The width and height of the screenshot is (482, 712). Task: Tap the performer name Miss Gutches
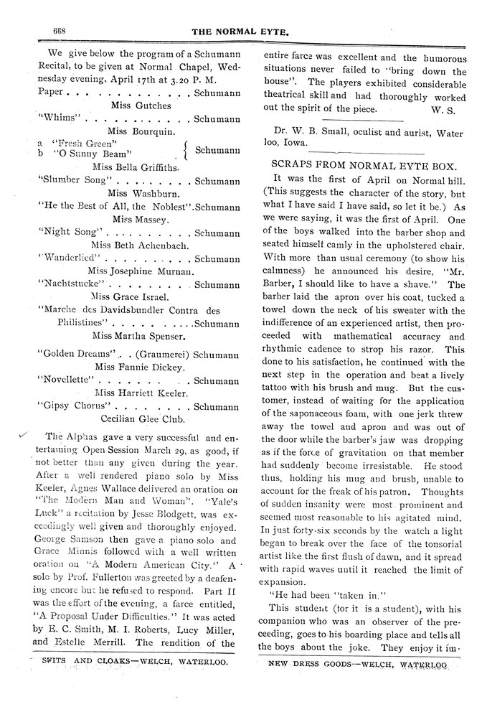click(142, 105)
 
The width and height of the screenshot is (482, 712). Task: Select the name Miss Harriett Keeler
click(143, 393)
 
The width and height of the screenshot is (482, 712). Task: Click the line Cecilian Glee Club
click(146, 419)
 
